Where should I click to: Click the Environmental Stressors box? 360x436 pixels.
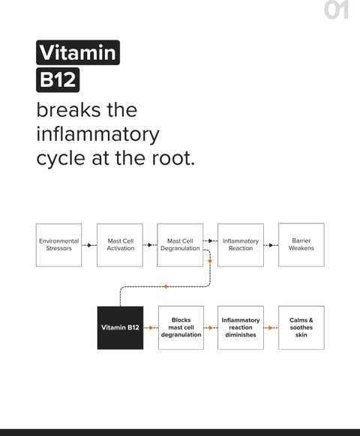coord(58,245)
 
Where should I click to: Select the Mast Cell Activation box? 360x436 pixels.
coord(120,245)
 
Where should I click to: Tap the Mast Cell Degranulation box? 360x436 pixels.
coord(180,245)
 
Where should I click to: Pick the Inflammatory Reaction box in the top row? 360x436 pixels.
coord(241,245)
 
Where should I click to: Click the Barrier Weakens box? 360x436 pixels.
coord(301,245)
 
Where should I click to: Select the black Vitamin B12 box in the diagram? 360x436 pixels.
coord(120,328)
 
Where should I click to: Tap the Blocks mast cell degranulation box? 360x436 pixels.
coord(181,327)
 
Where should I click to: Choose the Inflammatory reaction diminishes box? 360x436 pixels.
coord(241,327)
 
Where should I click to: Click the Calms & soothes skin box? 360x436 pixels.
coord(301,327)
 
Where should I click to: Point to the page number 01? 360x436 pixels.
coord(336,10)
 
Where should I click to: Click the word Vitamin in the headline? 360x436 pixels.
coord(78,52)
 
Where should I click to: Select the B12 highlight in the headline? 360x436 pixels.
coord(58,80)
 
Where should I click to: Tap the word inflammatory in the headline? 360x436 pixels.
coord(98,135)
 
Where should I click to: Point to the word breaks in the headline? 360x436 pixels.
coord(69,110)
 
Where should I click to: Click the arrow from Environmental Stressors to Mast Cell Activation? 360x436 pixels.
coord(89,245)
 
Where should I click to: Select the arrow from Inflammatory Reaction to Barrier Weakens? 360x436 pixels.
coord(271,245)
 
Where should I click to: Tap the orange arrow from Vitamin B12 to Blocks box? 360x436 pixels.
coord(151,328)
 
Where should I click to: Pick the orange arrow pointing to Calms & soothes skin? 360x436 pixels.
coord(271,328)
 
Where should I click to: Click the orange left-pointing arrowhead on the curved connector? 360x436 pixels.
coord(165,286)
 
